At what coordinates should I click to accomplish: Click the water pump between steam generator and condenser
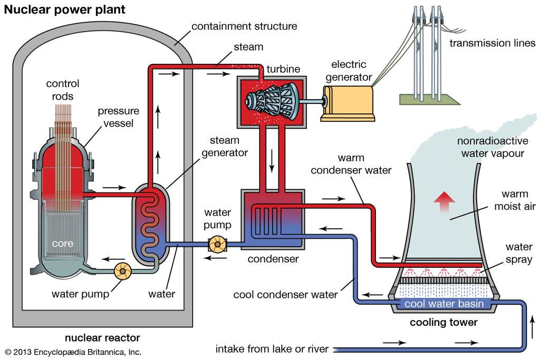click(217, 244)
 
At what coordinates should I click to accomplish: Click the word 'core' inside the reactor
click(63, 244)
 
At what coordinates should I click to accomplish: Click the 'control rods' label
click(63, 90)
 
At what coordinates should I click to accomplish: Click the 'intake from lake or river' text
click(272, 348)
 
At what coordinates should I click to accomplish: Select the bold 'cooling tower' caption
click(443, 323)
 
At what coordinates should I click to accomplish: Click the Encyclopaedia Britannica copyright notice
click(73, 352)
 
